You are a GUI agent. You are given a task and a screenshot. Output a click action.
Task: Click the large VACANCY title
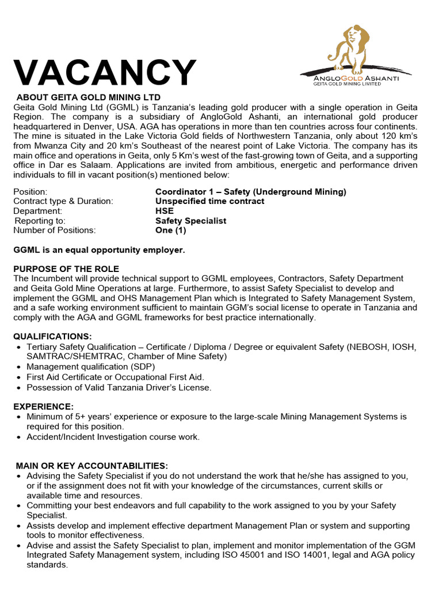[x=105, y=73]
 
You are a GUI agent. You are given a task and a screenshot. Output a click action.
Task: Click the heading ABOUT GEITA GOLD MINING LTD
[x=88, y=97]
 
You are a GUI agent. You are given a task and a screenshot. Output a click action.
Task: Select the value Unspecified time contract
[x=210, y=201]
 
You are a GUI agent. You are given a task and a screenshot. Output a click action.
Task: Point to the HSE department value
[x=165, y=211]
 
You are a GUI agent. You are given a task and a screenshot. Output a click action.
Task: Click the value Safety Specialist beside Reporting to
[x=191, y=221]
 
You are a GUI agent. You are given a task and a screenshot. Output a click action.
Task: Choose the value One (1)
[x=171, y=230]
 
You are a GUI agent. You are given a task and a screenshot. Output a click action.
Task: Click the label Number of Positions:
[x=55, y=230]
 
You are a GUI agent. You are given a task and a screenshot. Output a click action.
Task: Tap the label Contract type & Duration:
[x=63, y=201]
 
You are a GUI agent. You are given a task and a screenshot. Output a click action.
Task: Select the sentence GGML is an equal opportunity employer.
[x=99, y=249]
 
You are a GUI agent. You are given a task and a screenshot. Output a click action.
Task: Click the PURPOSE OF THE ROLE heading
[x=66, y=269]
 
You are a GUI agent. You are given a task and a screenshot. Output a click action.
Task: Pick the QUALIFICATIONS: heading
[x=52, y=336]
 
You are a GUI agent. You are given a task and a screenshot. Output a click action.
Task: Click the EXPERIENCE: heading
[x=44, y=406]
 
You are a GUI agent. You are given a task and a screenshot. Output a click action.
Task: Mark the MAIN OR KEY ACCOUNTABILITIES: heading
[x=92, y=466]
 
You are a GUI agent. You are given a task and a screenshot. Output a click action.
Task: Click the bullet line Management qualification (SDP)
[x=91, y=366]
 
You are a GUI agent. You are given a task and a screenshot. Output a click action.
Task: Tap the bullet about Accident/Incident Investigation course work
[x=113, y=437]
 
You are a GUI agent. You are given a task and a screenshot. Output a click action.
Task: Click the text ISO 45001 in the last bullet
[x=284, y=555]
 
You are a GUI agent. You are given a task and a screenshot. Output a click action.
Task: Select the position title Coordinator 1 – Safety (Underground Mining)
[x=251, y=192]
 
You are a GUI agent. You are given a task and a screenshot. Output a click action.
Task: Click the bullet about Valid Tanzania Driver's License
[x=119, y=387]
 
